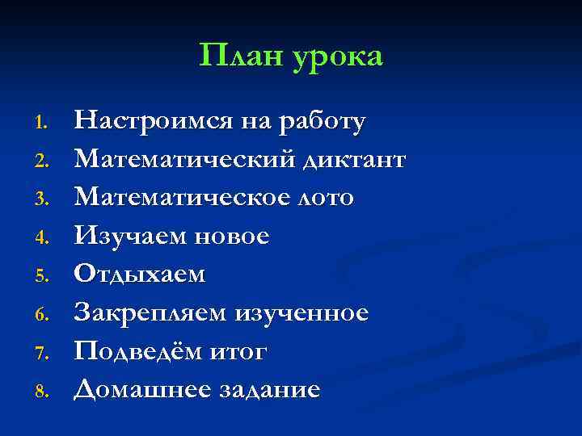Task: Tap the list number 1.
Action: [x=44, y=122]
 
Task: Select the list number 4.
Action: [x=44, y=238]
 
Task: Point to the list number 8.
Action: [x=44, y=392]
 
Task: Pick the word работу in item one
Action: [x=322, y=123]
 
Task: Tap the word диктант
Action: [x=352, y=159]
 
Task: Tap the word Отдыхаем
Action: [x=140, y=275]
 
